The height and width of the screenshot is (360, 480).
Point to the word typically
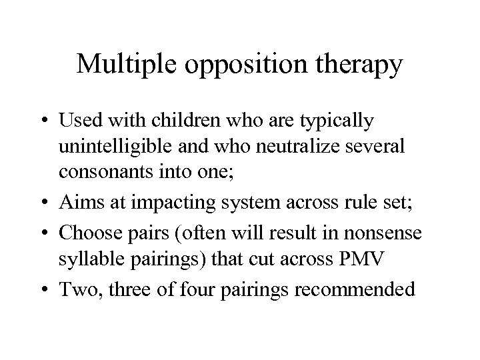click(337, 123)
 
